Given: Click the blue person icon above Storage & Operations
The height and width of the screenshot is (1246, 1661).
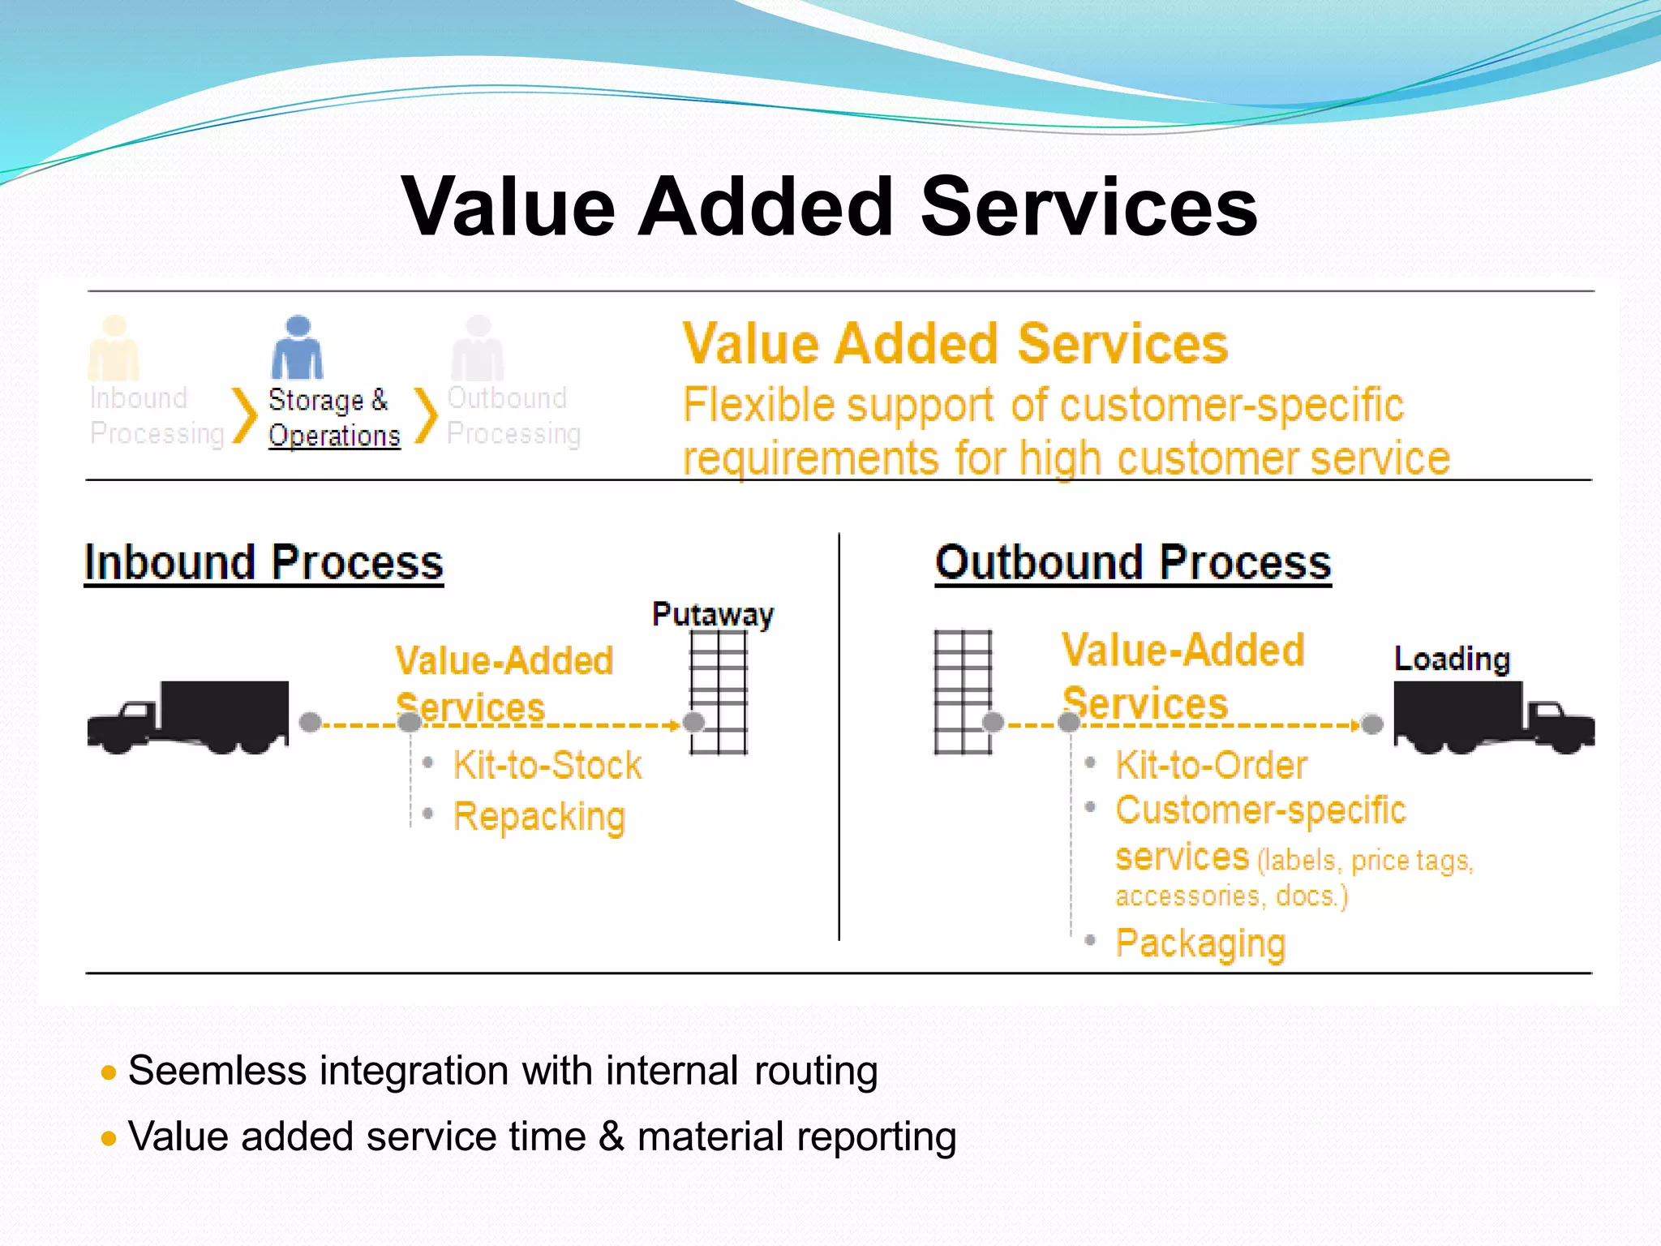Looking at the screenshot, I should [298, 348].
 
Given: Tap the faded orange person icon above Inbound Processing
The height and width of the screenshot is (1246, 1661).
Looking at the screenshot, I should [114, 348].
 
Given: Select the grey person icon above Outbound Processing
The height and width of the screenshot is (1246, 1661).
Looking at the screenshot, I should [478, 348].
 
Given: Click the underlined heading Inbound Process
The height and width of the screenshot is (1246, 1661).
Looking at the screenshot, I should [264, 562].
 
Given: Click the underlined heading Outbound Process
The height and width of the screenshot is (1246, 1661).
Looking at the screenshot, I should [1133, 562].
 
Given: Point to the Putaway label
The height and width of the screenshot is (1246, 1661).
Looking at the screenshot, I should [713, 614].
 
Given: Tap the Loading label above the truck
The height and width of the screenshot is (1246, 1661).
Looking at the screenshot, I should [1452, 658].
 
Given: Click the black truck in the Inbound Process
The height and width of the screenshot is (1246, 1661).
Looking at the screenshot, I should [188, 717].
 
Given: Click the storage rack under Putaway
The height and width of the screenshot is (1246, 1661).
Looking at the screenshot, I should [719, 692].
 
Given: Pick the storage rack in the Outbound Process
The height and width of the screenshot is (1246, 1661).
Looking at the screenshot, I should [963, 692].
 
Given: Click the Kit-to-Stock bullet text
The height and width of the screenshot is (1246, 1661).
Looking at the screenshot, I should [547, 765].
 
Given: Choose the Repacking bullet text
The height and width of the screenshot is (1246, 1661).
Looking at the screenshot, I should [539, 816].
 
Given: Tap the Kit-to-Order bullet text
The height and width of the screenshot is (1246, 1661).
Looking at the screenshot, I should [1211, 765].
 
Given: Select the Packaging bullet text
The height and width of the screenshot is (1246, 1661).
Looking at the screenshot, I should [1200, 943].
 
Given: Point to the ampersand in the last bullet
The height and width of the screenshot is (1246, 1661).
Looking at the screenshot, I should [612, 1136].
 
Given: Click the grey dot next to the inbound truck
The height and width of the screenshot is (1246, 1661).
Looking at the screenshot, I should [310, 722].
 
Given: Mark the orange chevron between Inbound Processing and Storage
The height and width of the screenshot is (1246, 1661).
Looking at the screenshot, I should [244, 415].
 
